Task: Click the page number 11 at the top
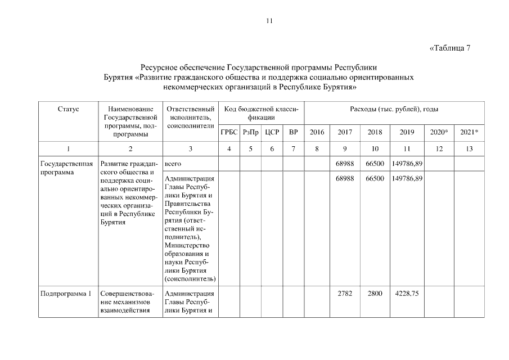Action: point(269,21)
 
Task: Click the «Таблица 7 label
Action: point(449,48)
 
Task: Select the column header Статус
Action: point(68,109)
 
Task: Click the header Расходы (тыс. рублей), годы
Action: point(394,109)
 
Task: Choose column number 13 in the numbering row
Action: point(469,149)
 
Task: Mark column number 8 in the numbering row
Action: point(317,149)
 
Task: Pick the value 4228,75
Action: point(406,293)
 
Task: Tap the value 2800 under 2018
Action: point(375,293)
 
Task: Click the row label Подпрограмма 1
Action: point(66,293)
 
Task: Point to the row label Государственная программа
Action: point(66,168)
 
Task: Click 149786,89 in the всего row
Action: point(406,164)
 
